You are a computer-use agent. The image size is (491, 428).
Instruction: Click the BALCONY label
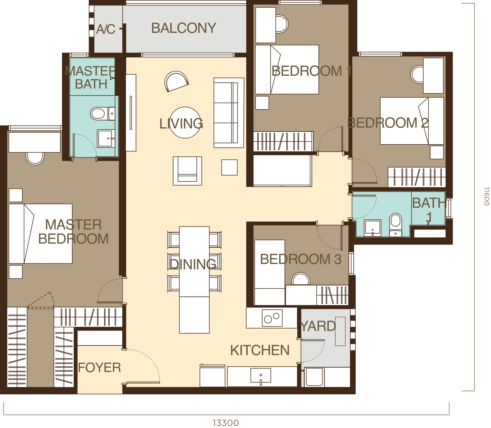click(x=184, y=28)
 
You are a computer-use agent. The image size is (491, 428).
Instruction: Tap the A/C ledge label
click(x=106, y=29)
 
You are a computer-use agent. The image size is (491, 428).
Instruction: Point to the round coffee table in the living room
click(x=185, y=122)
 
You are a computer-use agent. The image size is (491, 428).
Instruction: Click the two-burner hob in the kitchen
click(x=272, y=318)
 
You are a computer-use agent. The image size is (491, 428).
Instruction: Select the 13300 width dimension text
click(x=226, y=423)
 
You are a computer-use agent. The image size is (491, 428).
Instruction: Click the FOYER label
click(x=99, y=368)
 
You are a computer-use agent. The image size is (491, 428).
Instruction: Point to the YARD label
click(x=317, y=326)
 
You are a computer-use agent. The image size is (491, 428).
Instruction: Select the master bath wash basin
click(x=105, y=138)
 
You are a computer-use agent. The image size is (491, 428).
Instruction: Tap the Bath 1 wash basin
click(x=372, y=228)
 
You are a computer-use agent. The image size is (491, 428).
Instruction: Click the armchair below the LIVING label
click(x=187, y=171)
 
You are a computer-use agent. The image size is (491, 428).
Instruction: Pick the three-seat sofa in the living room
click(x=228, y=113)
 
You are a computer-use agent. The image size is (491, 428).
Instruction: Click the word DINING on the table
click(x=193, y=264)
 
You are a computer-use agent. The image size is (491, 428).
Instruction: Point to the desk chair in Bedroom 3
click(x=301, y=279)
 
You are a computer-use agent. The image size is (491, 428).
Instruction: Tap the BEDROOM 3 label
click(x=301, y=259)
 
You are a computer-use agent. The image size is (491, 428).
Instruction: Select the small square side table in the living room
click(x=229, y=167)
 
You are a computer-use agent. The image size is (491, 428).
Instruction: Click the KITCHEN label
click(x=260, y=350)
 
